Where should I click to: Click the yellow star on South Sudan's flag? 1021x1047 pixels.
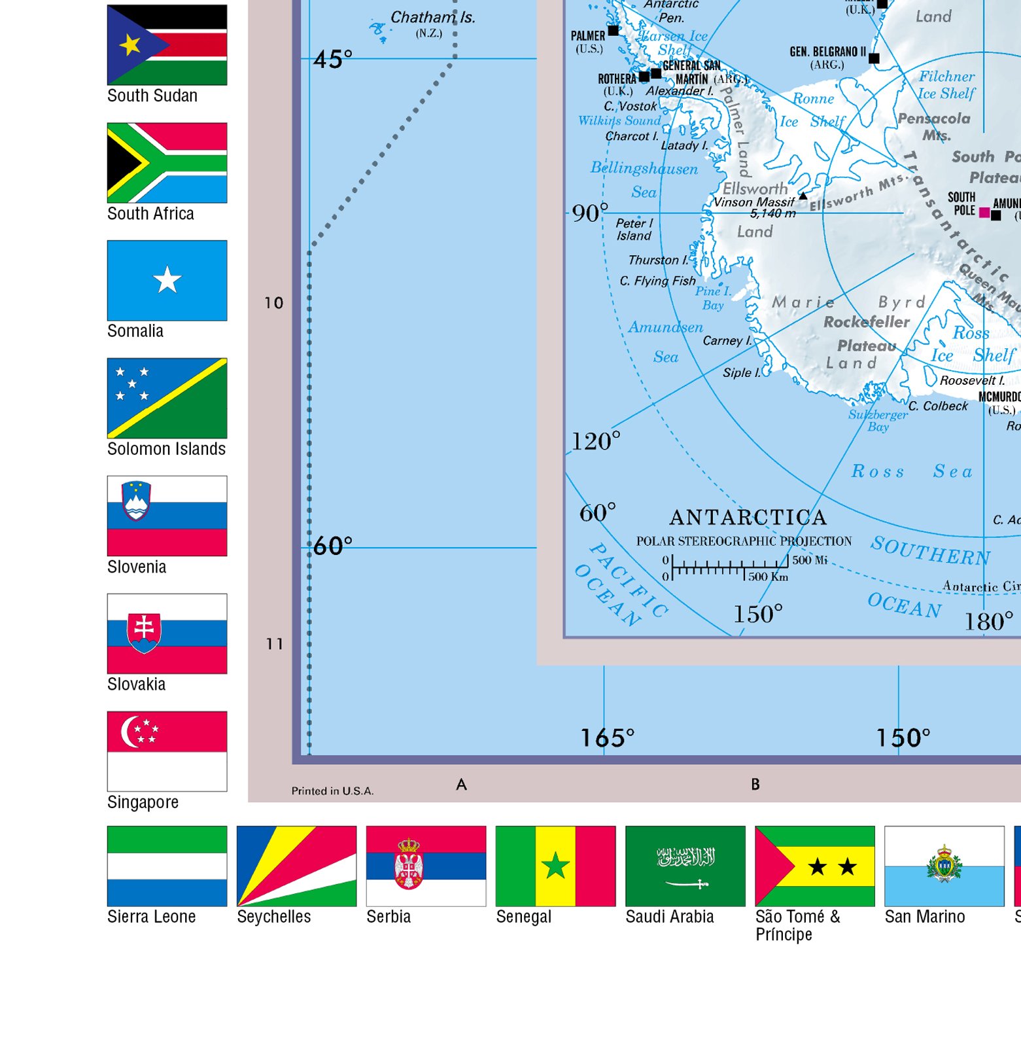tap(130, 44)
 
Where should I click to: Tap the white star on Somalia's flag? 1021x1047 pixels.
tap(167, 280)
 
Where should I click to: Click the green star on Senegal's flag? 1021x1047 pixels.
tap(555, 866)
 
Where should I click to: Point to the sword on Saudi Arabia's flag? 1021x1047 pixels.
tap(686, 884)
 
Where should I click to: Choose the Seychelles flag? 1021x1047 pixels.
tap(296, 866)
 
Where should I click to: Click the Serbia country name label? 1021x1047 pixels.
tap(389, 917)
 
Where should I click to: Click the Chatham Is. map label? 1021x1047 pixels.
tap(432, 18)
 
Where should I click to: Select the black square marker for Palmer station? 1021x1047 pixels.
tap(613, 30)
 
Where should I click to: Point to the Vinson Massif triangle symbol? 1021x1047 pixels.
tap(803, 196)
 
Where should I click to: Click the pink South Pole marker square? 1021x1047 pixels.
tap(984, 212)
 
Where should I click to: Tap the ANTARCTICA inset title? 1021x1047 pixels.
tap(748, 518)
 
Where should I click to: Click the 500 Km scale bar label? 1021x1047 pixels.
tap(768, 577)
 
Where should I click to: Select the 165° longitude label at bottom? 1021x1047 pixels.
tap(607, 738)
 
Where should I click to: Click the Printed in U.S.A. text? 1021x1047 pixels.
tap(332, 791)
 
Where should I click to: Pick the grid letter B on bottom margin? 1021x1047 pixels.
tap(755, 784)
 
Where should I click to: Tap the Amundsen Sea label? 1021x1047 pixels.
tap(665, 341)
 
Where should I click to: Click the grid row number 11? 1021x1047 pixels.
tap(274, 644)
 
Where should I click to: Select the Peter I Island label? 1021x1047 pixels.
tap(634, 229)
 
